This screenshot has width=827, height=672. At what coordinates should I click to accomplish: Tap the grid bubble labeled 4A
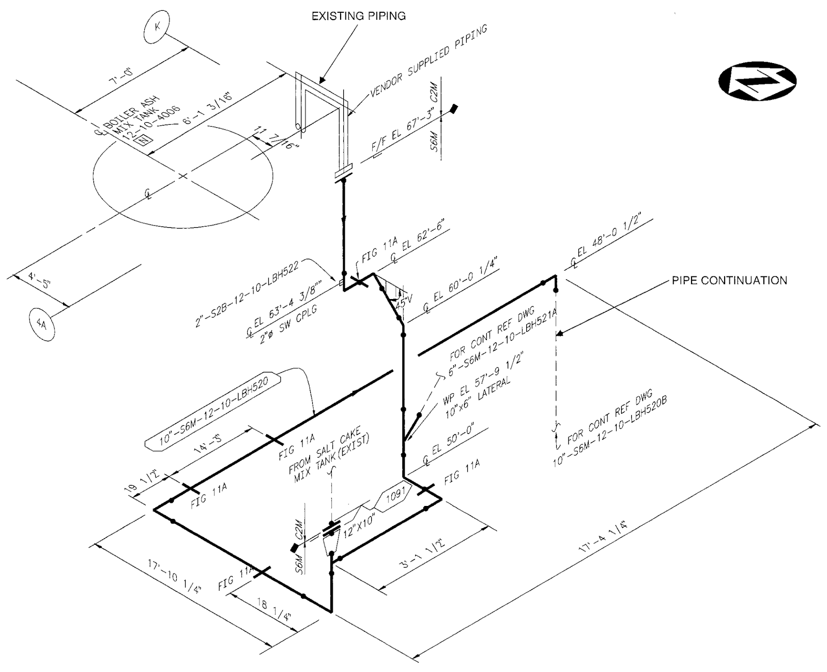(42, 324)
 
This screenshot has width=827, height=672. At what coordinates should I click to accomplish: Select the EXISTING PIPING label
(359, 16)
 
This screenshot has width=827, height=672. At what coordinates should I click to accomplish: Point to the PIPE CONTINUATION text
(729, 280)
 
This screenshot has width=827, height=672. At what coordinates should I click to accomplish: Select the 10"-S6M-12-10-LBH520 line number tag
(213, 409)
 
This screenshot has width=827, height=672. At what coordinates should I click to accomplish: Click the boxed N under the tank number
(141, 139)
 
